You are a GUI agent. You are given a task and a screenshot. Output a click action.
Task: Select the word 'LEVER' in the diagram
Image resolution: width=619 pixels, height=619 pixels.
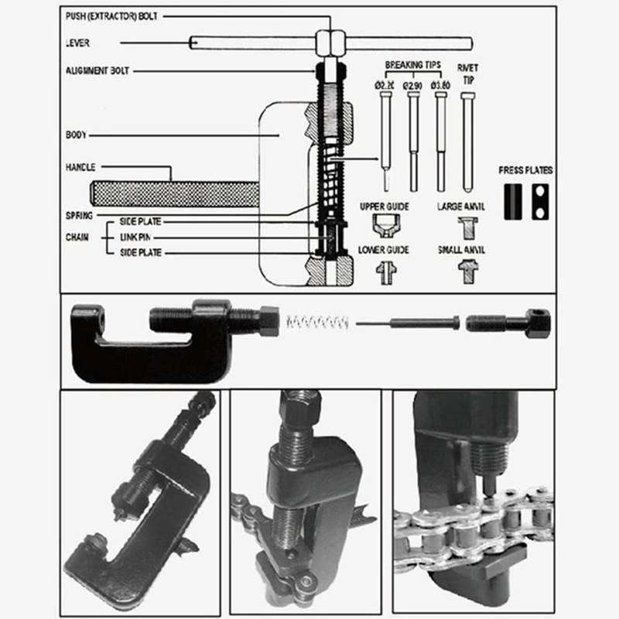coord(77,43)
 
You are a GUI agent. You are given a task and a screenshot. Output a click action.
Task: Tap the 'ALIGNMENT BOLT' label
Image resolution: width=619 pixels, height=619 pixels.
coord(97,70)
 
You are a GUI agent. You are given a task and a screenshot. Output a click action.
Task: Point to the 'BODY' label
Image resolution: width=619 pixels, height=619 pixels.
coord(76,135)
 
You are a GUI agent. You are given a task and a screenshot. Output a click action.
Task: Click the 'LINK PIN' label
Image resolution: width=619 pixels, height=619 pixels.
coord(135,237)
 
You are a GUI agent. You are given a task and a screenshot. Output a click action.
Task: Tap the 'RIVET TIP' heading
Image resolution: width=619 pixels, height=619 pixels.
coord(467,73)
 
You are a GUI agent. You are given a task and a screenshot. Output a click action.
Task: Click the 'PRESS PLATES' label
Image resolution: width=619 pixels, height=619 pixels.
coord(525,170)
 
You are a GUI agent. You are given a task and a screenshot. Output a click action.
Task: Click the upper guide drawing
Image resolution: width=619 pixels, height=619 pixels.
coord(384,225)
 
